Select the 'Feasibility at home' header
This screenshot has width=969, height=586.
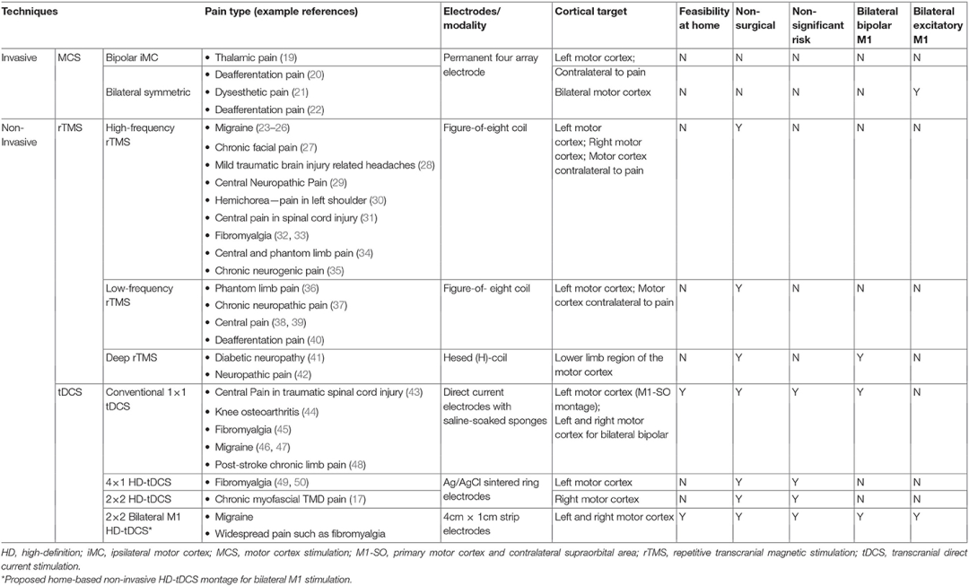point(702,22)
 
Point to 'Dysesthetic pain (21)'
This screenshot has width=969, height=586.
point(258,92)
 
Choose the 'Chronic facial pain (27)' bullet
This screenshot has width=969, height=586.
point(261,146)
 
